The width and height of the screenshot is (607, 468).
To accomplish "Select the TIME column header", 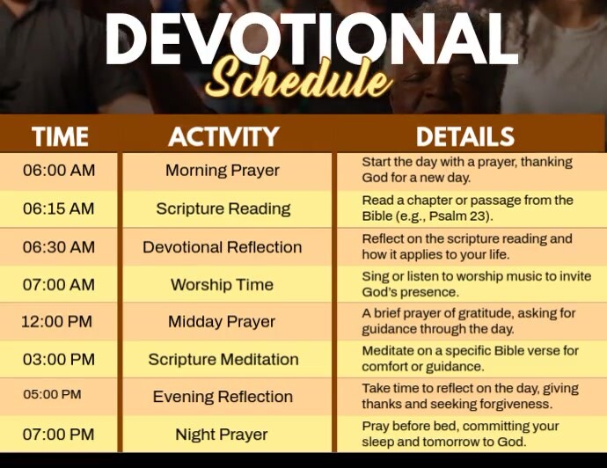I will click(60, 136).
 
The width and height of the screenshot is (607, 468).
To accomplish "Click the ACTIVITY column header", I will click(223, 136).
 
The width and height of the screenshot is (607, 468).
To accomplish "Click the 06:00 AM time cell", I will click(59, 171).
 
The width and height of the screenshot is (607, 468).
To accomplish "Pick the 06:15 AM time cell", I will click(59, 208).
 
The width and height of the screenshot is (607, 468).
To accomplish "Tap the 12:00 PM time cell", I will click(56, 322).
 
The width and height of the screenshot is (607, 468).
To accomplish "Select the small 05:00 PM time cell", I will click(52, 395).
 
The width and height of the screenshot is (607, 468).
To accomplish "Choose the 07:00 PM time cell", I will click(58, 435).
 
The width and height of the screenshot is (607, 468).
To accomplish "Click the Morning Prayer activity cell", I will click(223, 171).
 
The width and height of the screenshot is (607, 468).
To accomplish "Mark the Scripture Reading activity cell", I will click(223, 208).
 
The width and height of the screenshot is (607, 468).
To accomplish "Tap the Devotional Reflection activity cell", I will click(223, 247).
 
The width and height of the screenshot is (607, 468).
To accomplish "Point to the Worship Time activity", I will click(222, 285).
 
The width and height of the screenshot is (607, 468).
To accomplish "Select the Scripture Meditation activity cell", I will click(223, 359).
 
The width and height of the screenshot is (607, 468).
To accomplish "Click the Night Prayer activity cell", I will click(222, 435).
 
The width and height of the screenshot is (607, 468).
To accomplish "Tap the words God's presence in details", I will click(410, 292).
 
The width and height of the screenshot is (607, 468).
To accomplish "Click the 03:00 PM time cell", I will click(59, 359).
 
